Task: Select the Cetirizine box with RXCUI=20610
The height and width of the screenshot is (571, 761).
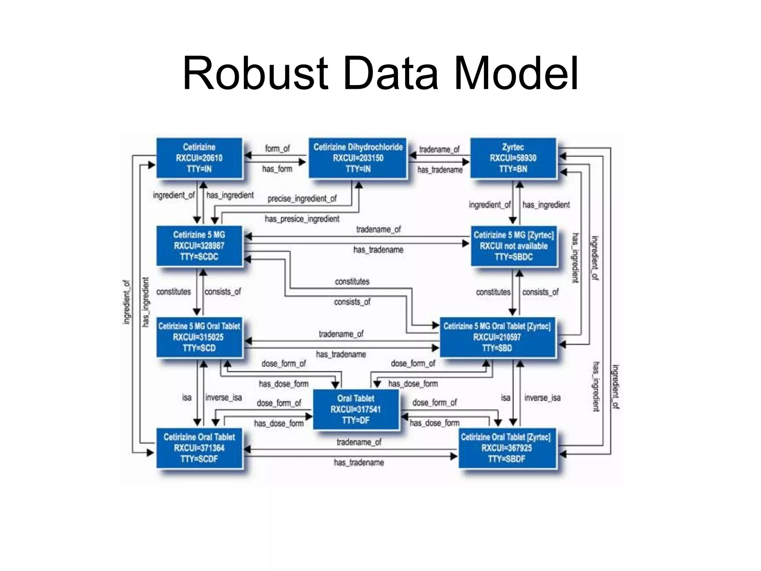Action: pos(199,158)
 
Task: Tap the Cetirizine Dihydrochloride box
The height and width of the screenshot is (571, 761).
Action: pos(358,158)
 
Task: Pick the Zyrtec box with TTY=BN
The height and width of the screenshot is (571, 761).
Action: pos(513,158)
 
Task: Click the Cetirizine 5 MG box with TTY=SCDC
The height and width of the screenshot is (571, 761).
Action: pos(199,246)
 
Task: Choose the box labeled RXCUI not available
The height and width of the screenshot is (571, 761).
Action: pos(514,246)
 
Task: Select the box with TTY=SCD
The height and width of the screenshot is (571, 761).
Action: pos(199,337)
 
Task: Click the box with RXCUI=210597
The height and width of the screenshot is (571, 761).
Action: pos(497,337)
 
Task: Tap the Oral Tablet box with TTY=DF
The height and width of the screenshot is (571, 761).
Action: pos(356,409)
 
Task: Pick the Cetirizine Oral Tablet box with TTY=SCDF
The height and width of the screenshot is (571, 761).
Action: pos(199,448)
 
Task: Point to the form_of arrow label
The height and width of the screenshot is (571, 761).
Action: pos(277,148)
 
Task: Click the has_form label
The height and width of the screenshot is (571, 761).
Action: pos(277,169)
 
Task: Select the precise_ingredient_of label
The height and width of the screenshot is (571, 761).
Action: pos(302,199)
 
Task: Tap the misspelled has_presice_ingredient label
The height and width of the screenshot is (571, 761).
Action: pos(302,219)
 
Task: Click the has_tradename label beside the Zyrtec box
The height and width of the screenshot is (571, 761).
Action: pos(440,170)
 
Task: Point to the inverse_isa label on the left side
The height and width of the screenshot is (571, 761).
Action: pos(224,398)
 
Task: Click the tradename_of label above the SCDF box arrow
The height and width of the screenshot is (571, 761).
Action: pos(359,442)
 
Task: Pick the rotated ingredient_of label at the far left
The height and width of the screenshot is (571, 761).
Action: pos(127,302)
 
